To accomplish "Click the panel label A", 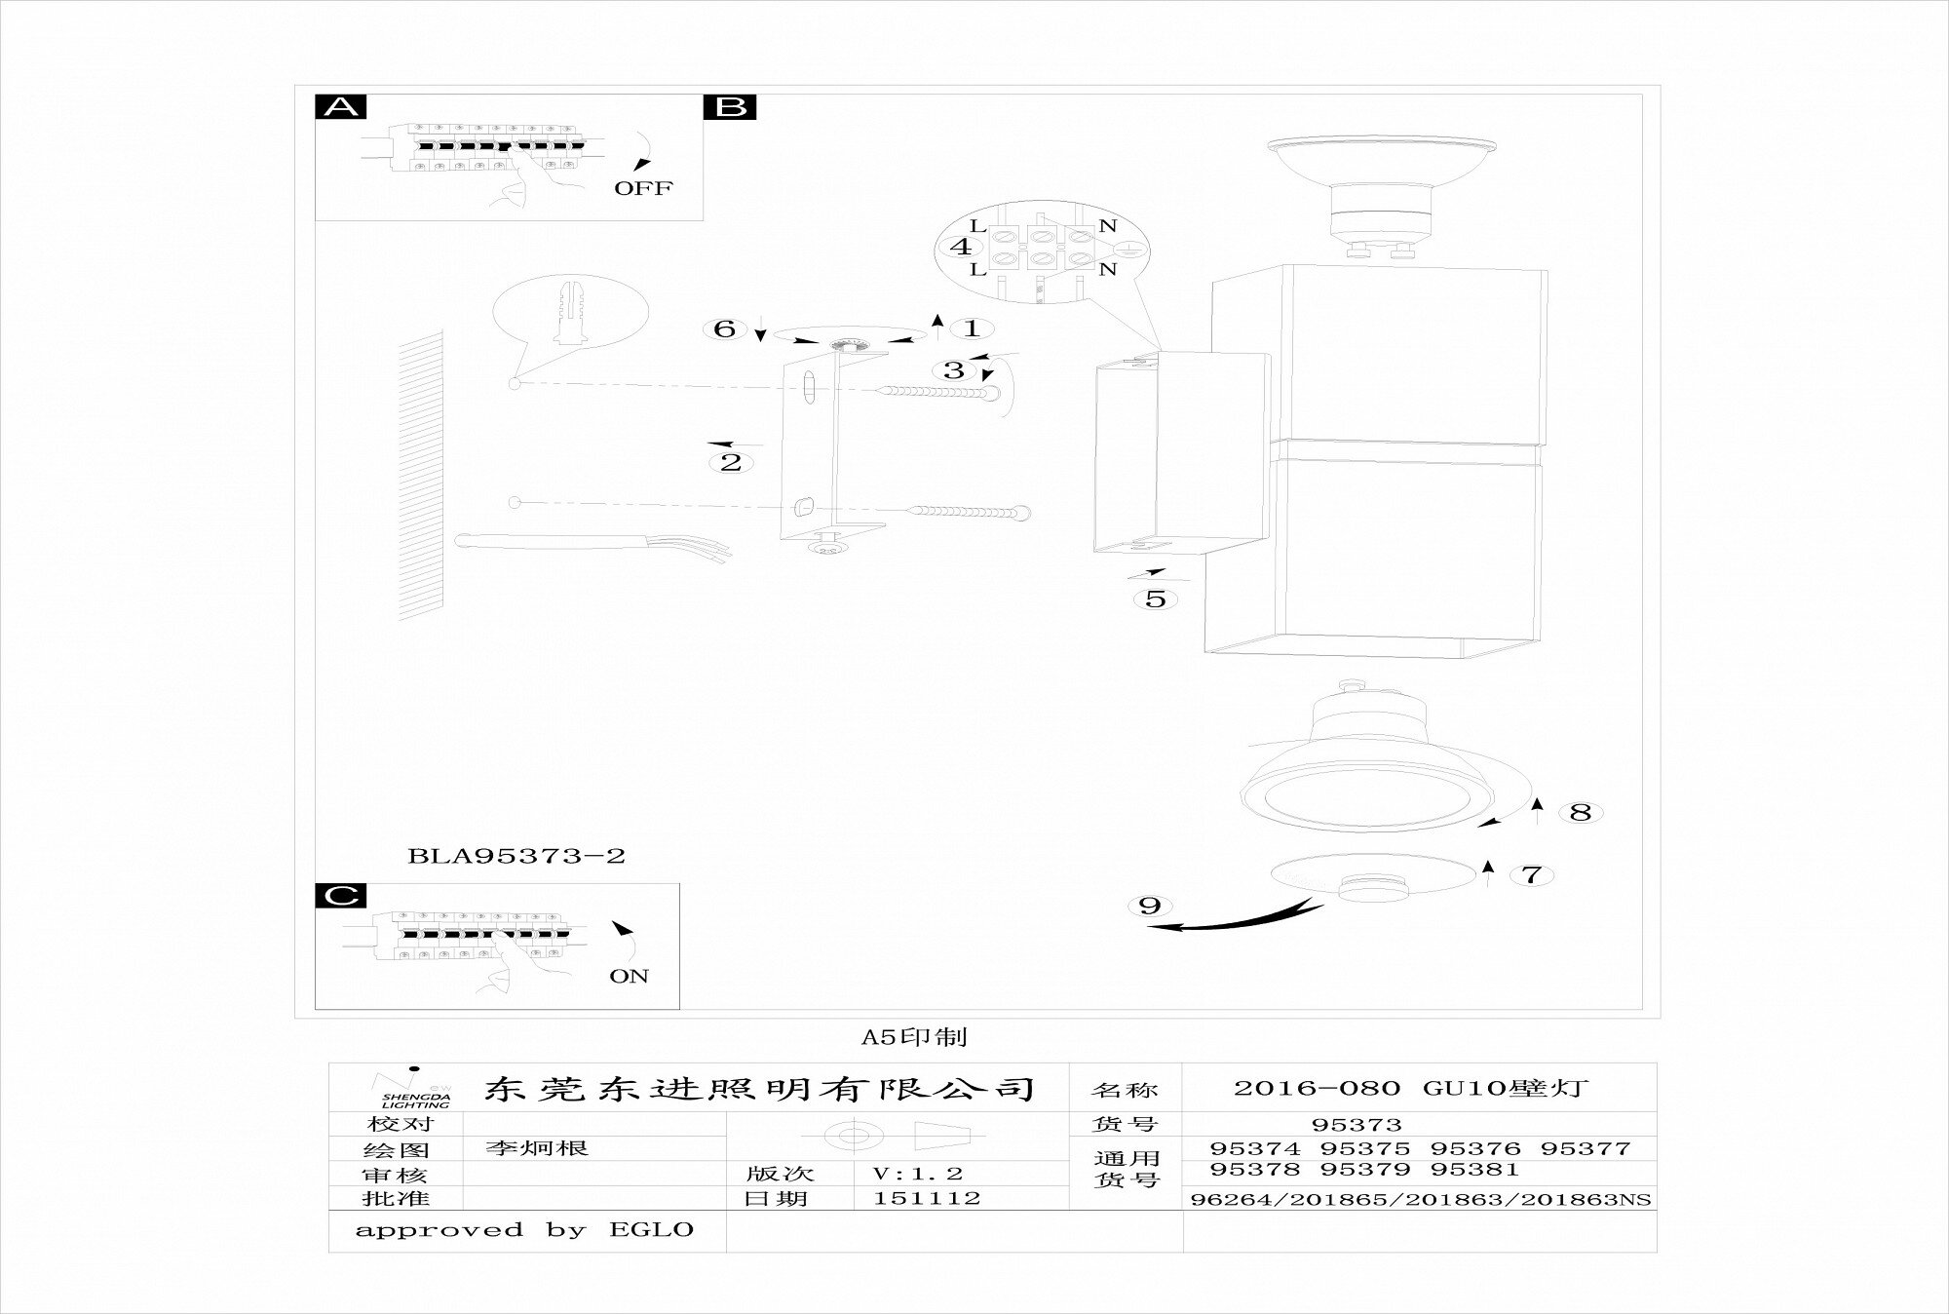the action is [340, 106].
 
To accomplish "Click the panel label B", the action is [730, 106].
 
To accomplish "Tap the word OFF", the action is [642, 188].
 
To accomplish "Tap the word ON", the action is [629, 976].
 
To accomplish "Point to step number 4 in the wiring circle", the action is [960, 247].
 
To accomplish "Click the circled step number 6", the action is [724, 328].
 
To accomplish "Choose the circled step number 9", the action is [1150, 906].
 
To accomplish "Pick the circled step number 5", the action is [1155, 599].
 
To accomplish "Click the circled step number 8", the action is [1580, 811].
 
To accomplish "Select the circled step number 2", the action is [731, 462].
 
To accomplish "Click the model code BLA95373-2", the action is [516, 856].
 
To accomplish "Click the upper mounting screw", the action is [940, 392].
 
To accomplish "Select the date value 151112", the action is [926, 1198].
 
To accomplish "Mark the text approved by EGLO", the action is [524, 1230].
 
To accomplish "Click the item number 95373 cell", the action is [1357, 1124].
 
